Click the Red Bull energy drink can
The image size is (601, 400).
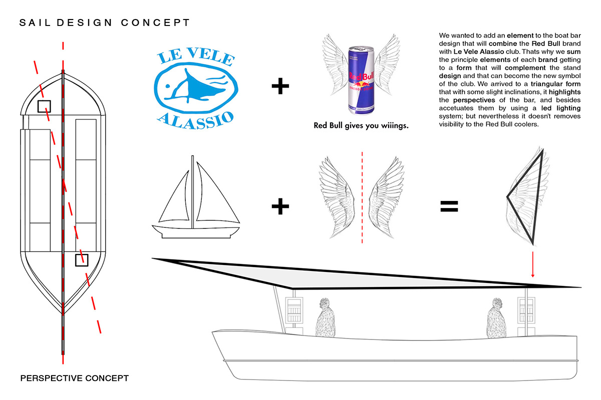click(361, 80)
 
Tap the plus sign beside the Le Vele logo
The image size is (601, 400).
click(280, 86)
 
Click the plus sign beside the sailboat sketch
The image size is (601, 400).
click(280, 206)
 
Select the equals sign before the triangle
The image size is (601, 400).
click(449, 206)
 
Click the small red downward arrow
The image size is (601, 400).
click(533, 264)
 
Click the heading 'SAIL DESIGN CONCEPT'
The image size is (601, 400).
click(104, 22)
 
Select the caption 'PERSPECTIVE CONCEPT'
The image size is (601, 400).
click(75, 378)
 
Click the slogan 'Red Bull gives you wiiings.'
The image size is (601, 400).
click(361, 125)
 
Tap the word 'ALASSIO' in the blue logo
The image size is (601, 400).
click(195, 120)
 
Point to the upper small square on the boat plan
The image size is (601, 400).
click(44, 106)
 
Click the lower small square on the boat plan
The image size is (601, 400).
click(82, 260)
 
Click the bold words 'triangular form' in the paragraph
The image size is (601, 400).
click(555, 84)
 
